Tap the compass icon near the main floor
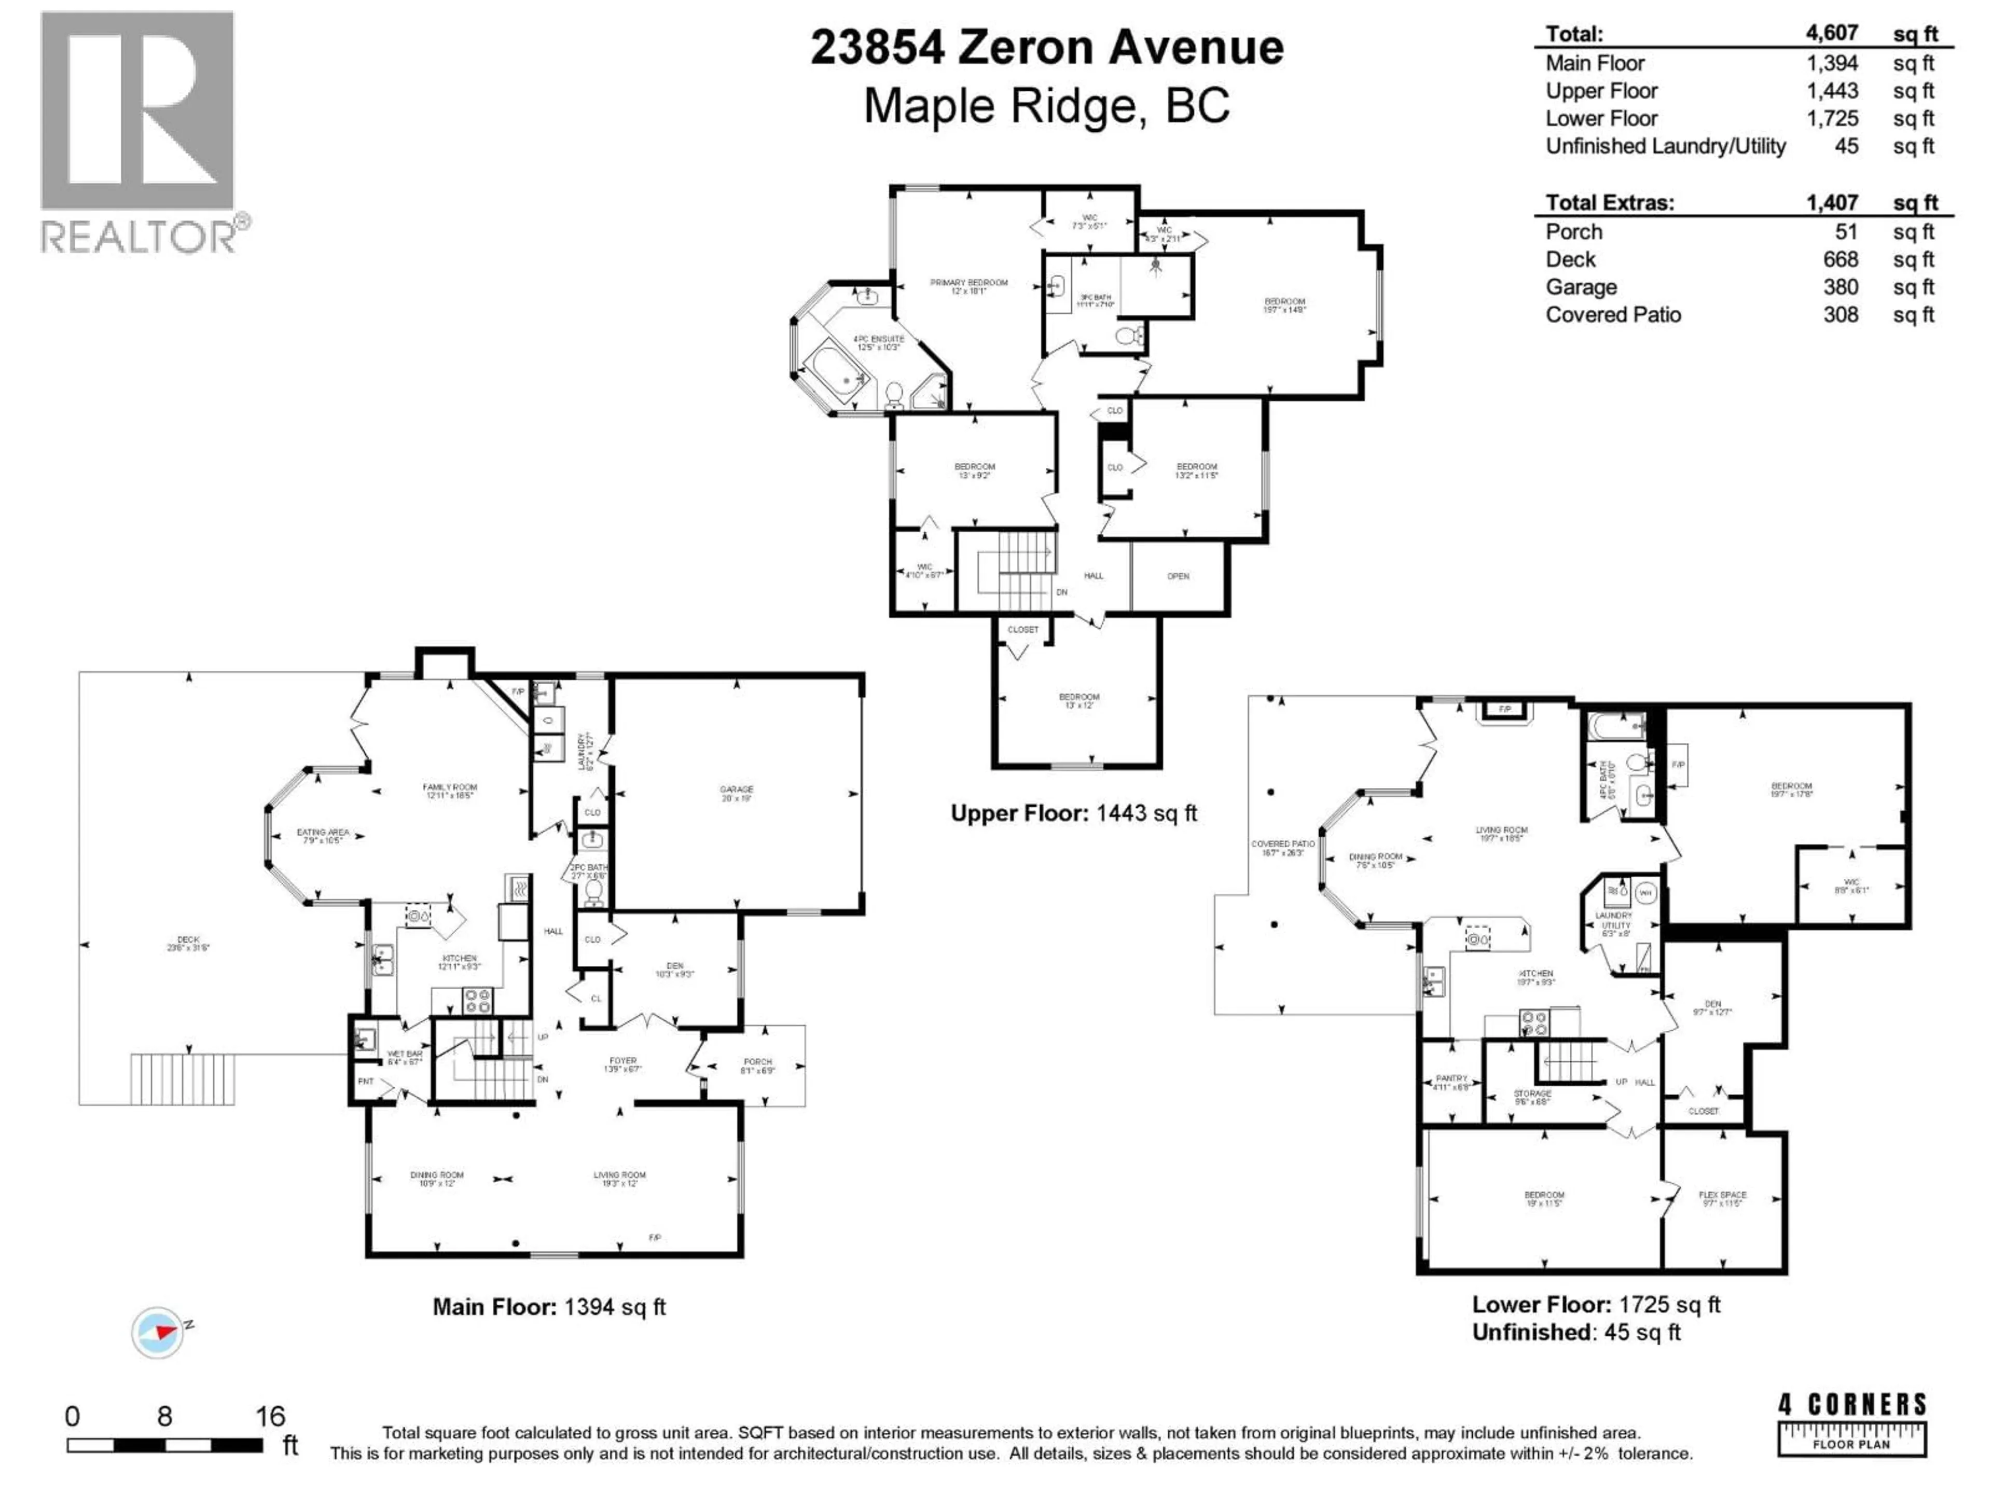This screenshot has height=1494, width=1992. (x=158, y=1332)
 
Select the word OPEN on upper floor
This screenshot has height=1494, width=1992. (x=1178, y=576)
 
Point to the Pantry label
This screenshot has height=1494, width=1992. (x=1451, y=1078)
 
